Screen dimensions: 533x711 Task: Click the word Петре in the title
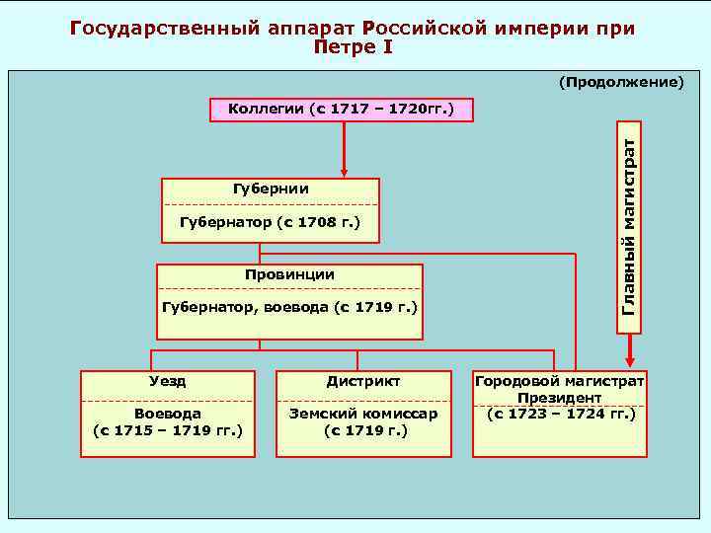(x=342, y=46)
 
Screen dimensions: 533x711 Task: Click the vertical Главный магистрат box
(x=628, y=225)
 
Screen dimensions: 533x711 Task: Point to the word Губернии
(x=270, y=189)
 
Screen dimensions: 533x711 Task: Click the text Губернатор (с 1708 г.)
(x=270, y=224)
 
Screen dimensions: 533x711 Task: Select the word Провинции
(x=289, y=274)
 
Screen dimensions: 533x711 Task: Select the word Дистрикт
(x=363, y=380)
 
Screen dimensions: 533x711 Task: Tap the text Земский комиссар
(x=363, y=414)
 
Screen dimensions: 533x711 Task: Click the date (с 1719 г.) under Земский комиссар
(x=363, y=430)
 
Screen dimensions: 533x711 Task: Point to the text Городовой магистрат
(x=559, y=380)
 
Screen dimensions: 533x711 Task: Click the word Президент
(x=559, y=397)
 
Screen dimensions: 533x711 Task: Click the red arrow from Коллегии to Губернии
(x=344, y=148)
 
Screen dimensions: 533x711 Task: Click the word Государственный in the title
(x=162, y=28)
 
